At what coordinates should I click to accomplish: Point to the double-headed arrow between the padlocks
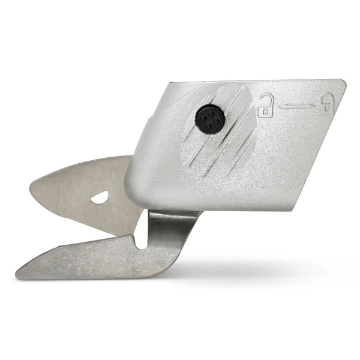[x=296, y=106]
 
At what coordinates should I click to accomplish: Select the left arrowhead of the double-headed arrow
[x=281, y=106]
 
